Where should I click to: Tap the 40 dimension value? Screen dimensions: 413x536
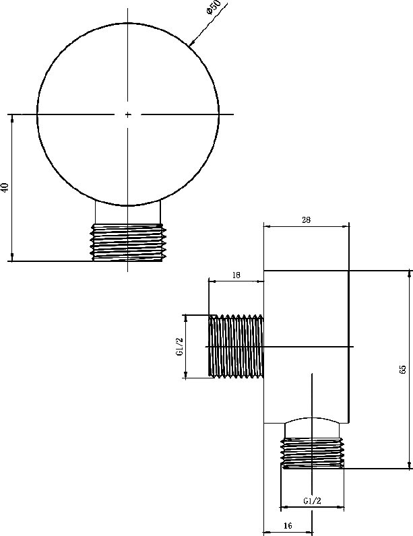5,187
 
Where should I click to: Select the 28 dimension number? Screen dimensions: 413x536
307,220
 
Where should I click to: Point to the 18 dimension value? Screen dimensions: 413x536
236,275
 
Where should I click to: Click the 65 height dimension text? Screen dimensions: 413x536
402,370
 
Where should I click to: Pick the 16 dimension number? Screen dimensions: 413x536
288,525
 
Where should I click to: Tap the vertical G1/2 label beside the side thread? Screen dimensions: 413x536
180,347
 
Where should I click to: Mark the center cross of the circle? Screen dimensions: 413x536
128,114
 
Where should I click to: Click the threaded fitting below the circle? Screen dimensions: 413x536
128,242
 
